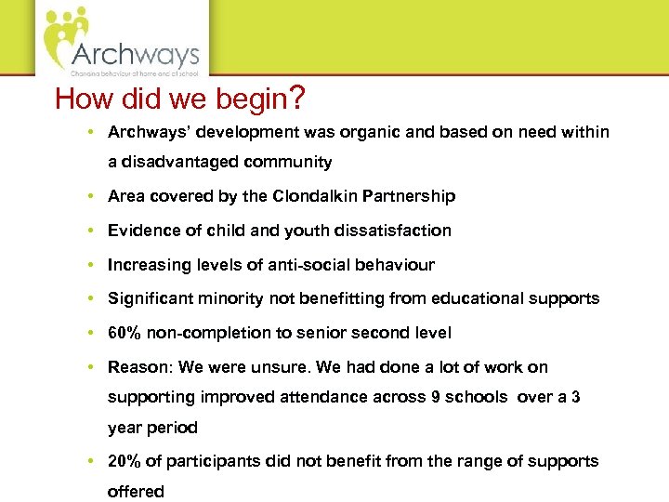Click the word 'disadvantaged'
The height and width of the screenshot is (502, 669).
tap(179, 162)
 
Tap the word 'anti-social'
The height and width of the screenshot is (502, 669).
tap(307, 265)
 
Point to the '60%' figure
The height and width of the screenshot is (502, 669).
tap(124, 333)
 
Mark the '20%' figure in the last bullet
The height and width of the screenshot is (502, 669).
tap(124, 461)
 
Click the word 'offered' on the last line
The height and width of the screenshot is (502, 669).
tap(136, 491)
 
